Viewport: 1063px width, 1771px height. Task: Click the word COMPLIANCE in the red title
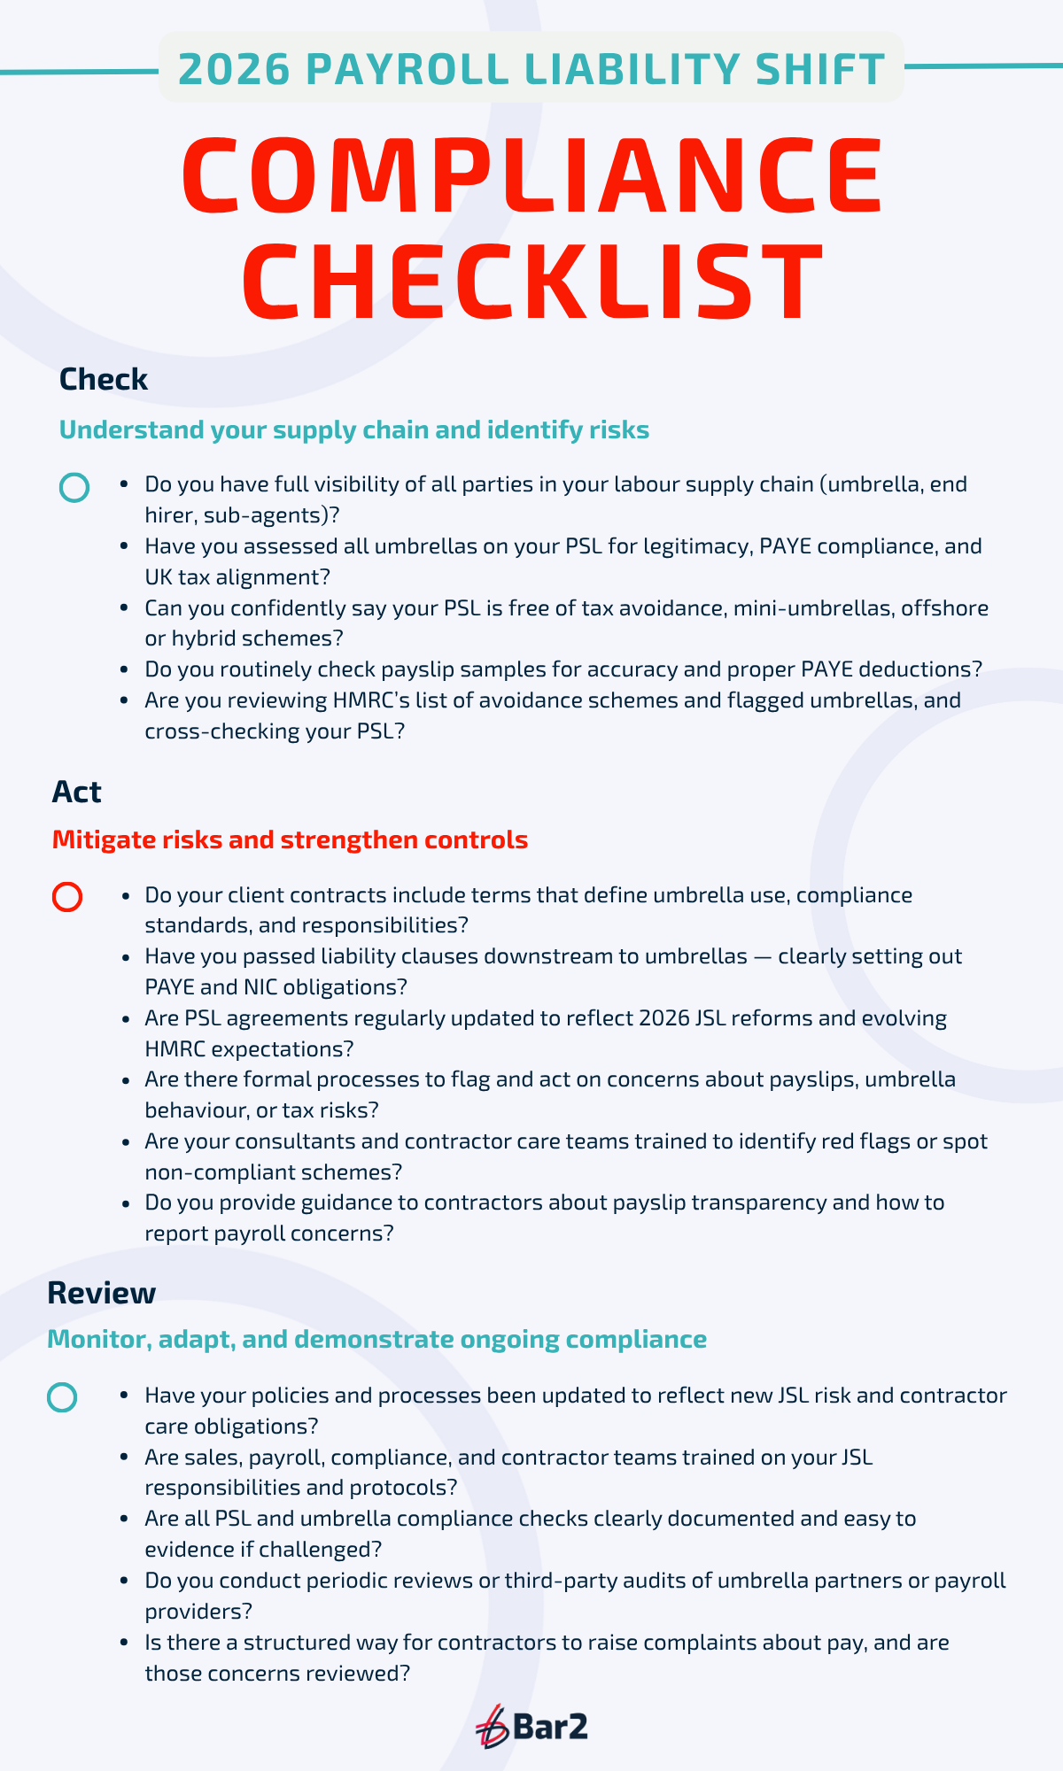click(x=532, y=174)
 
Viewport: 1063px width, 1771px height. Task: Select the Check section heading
click(x=103, y=380)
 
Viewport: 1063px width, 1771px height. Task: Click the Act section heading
click(x=76, y=792)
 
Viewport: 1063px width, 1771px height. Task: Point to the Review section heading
click(x=101, y=1293)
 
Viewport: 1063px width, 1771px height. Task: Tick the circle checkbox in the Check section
click(x=74, y=487)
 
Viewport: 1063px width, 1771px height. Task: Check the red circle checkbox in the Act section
click(x=67, y=897)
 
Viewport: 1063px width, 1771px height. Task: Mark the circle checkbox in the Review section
click(x=62, y=1397)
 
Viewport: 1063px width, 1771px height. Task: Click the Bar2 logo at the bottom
click(x=531, y=1726)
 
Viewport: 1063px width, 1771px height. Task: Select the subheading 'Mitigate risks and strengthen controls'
click(x=290, y=839)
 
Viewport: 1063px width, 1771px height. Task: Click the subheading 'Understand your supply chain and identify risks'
click(x=353, y=430)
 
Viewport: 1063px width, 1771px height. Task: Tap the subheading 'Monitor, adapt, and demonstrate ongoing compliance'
click(x=376, y=1339)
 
